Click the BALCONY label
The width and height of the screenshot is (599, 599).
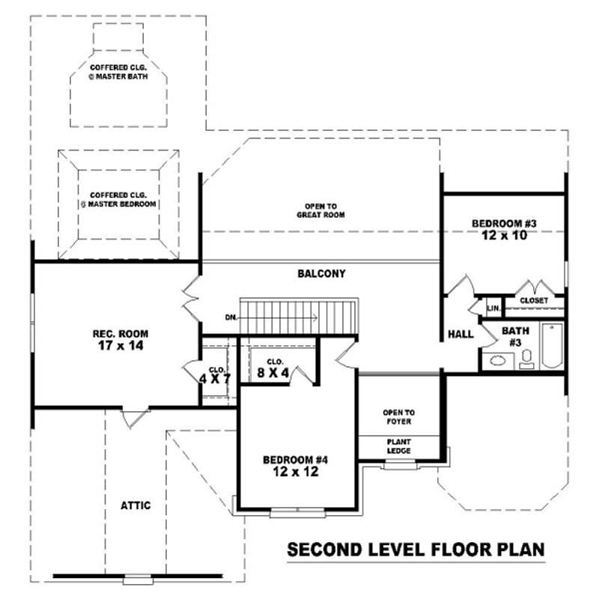(x=321, y=274)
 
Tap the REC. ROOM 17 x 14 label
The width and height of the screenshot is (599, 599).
(x=119, y=340)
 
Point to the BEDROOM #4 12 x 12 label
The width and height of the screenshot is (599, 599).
(x=297, y=466)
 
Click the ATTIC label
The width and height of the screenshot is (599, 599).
(x=136, y=505)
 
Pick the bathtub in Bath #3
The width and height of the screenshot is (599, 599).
(x=552, y=345)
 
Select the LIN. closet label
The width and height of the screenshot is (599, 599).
(x=493, y=308)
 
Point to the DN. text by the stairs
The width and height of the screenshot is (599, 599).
(x=231, y=317)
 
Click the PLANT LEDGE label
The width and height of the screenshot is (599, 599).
(x=398, y=446)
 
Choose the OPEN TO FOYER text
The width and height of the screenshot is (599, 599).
(x=398, y=417)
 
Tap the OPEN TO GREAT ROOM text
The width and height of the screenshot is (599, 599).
(x=320, y=210)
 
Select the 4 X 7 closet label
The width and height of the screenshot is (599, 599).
(x=215, y=374)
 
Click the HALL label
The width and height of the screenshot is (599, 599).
(x=460, y=334)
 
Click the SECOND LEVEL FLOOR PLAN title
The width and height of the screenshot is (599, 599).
(x=416, y=550)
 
